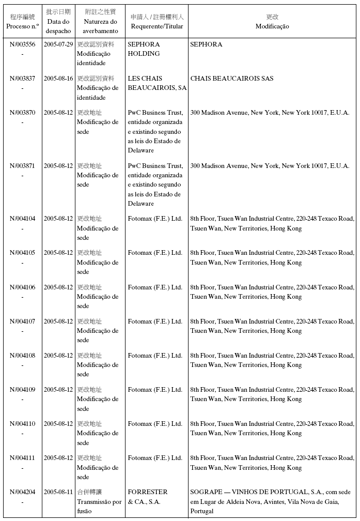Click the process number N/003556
coord(22,44)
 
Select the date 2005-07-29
coord(58,44)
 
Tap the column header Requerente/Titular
coord(157,26)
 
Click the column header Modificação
coord(272,26)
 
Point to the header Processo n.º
coord(22,26)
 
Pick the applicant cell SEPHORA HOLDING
coord(144,49)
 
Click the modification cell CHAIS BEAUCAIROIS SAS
coord(232,79)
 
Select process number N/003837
coord(22,79)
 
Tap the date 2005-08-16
coord(58,79)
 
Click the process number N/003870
coord(22,113)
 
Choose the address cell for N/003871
coord(270,166)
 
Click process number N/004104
coord(22,219)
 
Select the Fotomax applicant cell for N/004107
coord(155,321)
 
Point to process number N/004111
coord(22,458)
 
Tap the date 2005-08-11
coord(58,492)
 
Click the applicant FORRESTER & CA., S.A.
coord(148,497)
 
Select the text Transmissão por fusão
coord(99,507)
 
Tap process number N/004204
coord(22,492)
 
